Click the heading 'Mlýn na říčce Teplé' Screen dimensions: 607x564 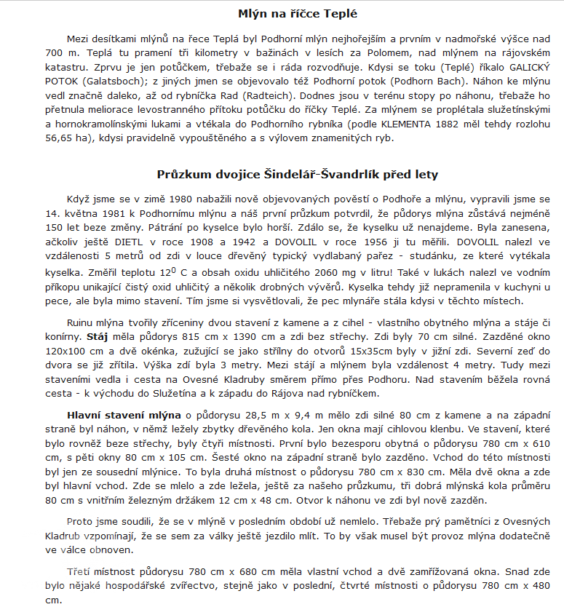tap(298, 14)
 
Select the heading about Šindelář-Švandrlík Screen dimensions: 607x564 tap(298, 175)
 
